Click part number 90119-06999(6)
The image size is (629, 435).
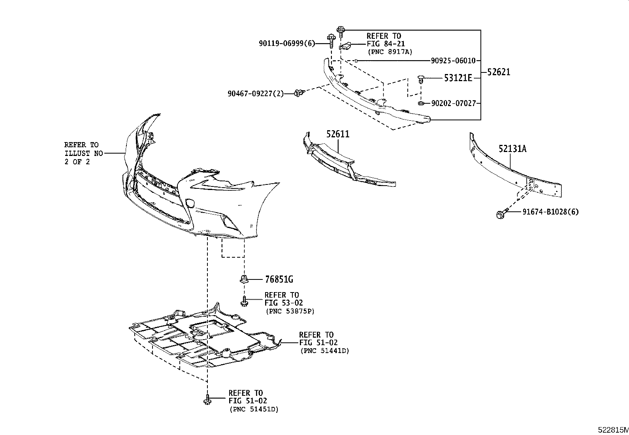pyautogui.click(x=287, y=44)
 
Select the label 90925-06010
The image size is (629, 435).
pyautogui.click(x=453, y=61)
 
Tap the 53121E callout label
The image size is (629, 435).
pyautogui.click(x=458, y=78)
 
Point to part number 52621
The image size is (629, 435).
pyautogui.click(x=498, y=72)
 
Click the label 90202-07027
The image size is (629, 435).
pyautogui.click(x=453, y=104)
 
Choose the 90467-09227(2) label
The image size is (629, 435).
pyautogui.click(x=256, y=94)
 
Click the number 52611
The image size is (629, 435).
pyautogui.click(x=338, y=134)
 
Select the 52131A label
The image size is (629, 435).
pyautogui.click(x=512, y=149)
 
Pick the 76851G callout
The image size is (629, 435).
pyautogui.click(x=279, y=279)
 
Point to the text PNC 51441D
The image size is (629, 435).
pyautogui.click(x=325, y=351)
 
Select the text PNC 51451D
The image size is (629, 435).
pyautogui.click(x=254, y=409)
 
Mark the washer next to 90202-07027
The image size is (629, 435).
pyautogui.click(x=421, y=104)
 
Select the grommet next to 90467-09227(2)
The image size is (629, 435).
pyautogui.click(x=299, y=93)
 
